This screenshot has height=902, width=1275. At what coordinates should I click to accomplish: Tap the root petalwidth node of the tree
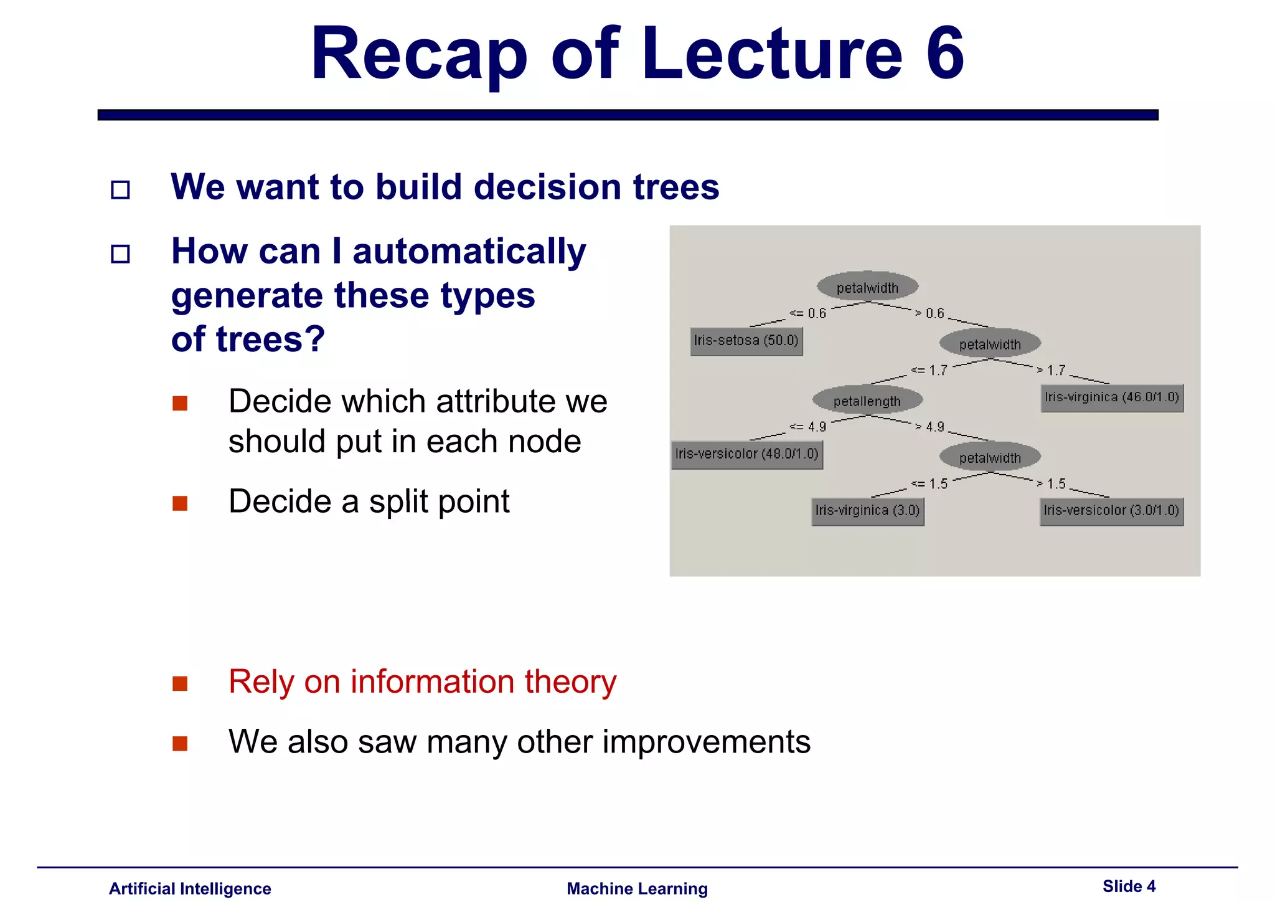pos(867,287)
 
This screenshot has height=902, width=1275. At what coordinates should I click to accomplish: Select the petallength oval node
pos(867,401)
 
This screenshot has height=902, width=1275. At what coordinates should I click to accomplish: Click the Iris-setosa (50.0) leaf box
pos(746,341)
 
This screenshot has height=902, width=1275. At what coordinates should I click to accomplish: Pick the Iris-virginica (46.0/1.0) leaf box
pos(1111,397)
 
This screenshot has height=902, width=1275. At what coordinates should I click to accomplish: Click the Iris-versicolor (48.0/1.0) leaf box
pos(746,454)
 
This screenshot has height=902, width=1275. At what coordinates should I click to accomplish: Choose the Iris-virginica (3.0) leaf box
pos(867,511)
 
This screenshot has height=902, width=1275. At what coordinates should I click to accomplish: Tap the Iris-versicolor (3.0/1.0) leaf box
pos(1111,511)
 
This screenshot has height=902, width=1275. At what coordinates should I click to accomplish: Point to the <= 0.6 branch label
pos(807,313)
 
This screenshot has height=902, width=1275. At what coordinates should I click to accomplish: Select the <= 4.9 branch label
pos(807,427)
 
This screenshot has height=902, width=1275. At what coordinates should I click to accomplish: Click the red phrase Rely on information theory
pos(422,681)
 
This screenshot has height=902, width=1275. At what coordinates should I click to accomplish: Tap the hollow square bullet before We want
pos(120,189)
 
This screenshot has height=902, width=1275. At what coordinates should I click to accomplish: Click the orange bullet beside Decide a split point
pos(180,503)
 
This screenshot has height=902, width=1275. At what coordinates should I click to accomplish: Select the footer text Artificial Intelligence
pos(190,888)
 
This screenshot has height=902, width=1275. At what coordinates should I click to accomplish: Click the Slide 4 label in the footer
pos(1129,886)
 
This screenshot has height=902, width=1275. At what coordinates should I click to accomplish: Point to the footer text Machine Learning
pos(637,888)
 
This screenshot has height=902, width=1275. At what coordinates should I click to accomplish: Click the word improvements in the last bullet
pos(706,742)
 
